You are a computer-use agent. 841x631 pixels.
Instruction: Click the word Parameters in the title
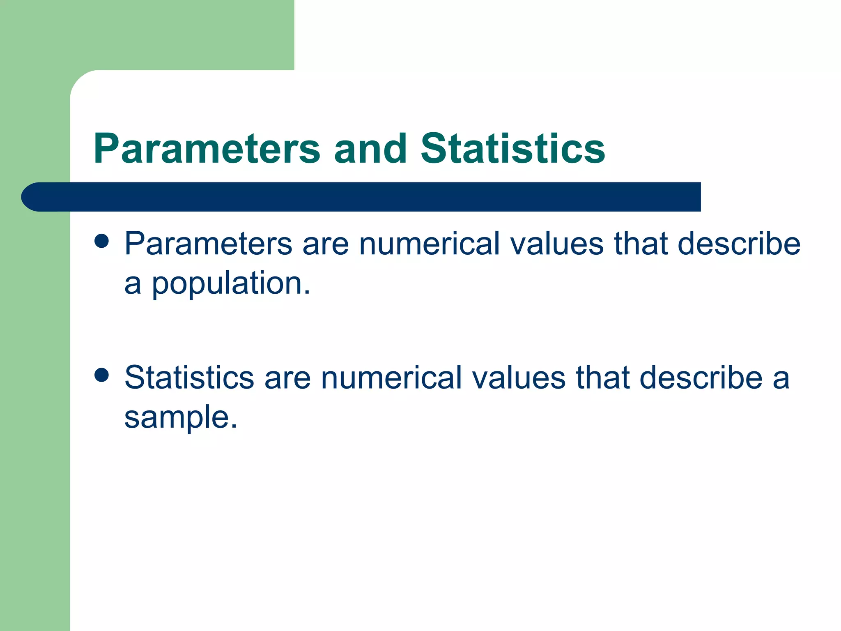[207, 148]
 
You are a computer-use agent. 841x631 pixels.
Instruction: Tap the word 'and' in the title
[370, 148]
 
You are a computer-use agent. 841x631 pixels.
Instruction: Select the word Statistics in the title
[512, 148]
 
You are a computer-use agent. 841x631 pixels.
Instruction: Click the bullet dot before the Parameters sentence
[101, 242]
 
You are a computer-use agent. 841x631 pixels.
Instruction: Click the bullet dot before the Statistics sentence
[101, 375]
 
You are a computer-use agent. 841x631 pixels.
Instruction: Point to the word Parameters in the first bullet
[208, 244]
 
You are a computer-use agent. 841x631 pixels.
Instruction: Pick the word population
[231, 284]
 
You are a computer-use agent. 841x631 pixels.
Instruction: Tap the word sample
[181, 417]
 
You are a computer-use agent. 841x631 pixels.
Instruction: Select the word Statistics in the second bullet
[189, 378]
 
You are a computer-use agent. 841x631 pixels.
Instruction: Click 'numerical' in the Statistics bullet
[391, 378]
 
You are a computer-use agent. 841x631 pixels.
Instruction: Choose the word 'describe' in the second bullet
[701, 378]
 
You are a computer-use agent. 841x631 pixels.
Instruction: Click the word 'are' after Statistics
[287, 378]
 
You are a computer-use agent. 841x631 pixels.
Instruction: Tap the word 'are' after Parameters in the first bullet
[326, 244]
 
